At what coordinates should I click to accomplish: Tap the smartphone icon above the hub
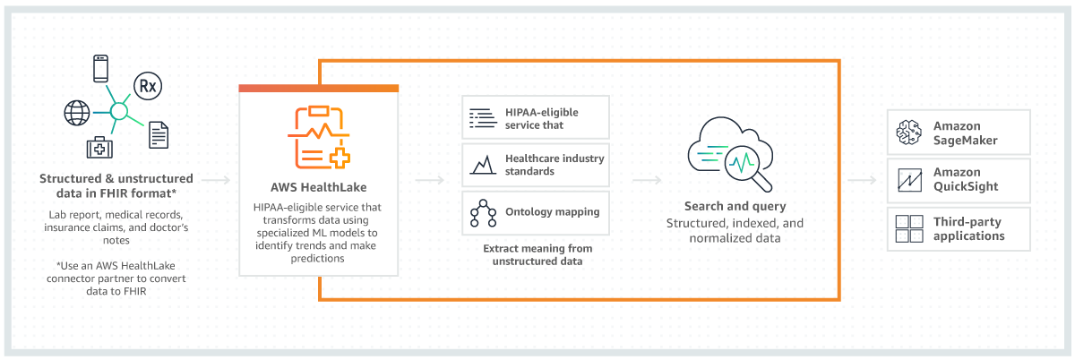point(101,70)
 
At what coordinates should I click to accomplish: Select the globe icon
point(77,113)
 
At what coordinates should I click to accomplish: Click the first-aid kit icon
point(99,148)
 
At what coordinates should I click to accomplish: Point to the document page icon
point(159,134)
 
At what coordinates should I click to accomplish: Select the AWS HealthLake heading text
point(318,189)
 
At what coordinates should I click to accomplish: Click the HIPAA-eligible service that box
point(536,118)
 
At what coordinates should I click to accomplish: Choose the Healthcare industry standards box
point(536,165)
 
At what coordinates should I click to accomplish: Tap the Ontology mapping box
point(536,212)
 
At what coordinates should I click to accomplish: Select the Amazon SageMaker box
point(958,133)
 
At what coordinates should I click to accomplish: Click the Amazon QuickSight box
point(958,181)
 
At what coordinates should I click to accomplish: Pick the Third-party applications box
point(958,229)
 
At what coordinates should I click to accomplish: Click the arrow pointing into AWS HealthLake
point(216,181)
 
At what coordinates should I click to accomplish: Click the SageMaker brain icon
point(909,133)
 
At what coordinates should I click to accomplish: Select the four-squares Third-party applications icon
point(909,229)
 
